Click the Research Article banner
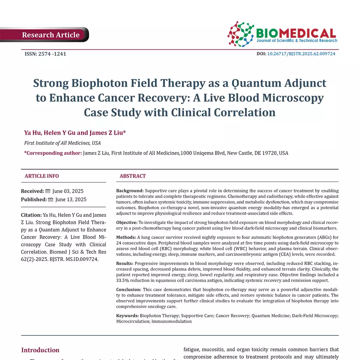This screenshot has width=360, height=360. point(51,35)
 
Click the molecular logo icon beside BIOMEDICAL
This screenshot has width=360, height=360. point(241,34)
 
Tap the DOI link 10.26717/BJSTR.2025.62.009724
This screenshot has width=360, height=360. point(301,54)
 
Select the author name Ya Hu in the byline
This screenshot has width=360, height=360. point(32,133)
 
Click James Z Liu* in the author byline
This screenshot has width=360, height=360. point(108,133)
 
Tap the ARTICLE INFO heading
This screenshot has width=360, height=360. point(42,176)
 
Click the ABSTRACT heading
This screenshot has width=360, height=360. point(133,176)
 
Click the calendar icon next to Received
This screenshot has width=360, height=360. point(48,191)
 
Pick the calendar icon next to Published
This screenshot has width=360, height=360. point(51,199)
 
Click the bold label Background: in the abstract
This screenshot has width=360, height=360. point(130,191)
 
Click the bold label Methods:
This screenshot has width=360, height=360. point(126,237)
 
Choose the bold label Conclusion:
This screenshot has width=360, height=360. point(129,289)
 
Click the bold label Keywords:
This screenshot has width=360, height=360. point(127,315)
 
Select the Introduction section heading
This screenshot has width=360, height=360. point(40,350)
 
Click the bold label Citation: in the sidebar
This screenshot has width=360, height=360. point(31,215)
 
